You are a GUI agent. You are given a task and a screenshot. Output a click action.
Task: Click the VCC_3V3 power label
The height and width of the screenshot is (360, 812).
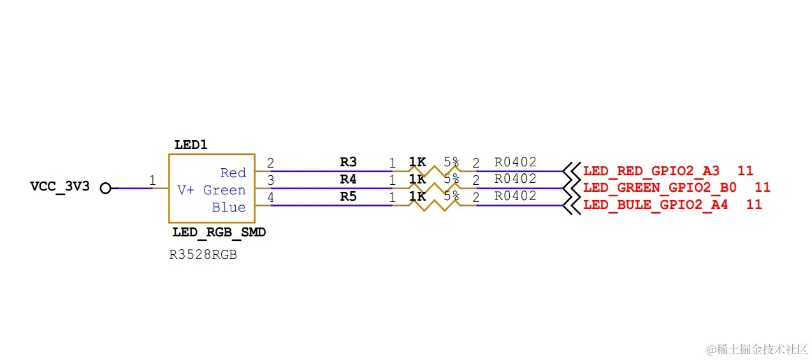click(x=60, y=187)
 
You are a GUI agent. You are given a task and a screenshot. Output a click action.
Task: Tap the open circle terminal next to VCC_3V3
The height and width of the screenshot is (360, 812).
click(x=106, y=188)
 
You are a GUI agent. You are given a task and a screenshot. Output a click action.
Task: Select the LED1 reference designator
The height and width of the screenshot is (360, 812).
click(x=191, y=145)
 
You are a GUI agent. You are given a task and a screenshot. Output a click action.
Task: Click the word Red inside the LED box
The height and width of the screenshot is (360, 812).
click(x=233, y=173)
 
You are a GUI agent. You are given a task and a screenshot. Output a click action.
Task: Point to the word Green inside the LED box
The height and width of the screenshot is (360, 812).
click(x=224, y=190)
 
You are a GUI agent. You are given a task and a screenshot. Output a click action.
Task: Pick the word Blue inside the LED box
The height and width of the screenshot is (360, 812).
click(x=229, y=207)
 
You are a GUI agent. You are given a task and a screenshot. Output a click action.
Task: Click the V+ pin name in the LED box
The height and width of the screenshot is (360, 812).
click(x=185, y=190)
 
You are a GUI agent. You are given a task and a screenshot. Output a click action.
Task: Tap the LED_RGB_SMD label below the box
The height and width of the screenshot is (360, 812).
click(x=219, y=233)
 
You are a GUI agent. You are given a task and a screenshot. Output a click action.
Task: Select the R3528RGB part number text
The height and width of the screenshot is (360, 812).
click(x=203, y=255)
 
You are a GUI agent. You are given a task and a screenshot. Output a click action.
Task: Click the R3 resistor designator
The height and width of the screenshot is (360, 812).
click(x=348, y=162)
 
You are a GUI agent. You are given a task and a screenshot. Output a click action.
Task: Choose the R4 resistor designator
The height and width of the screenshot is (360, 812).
click(x=348, y=179)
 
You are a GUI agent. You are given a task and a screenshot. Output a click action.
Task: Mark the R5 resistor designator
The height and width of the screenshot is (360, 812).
click(x=348, y=196)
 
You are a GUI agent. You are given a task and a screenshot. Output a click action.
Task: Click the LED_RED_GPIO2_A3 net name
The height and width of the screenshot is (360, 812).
click(x=651, y=171)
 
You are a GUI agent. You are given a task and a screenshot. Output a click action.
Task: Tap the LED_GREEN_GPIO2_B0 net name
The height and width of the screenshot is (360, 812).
click(x=660, y=187)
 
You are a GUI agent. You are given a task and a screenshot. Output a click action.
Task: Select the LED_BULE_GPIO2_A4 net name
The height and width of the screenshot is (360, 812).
click(x=656, y=205)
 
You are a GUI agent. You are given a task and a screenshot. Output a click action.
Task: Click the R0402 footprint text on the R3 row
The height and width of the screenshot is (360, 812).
click(x=516, y=162)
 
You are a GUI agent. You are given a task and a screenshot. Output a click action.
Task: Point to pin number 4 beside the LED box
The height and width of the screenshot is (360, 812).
click(x=270, y=198)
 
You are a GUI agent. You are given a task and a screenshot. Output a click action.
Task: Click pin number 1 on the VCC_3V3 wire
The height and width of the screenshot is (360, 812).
click(x=152, y=180)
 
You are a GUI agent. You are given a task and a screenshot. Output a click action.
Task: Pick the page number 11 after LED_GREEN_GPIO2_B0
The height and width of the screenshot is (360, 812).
click(x=762, y=187)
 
